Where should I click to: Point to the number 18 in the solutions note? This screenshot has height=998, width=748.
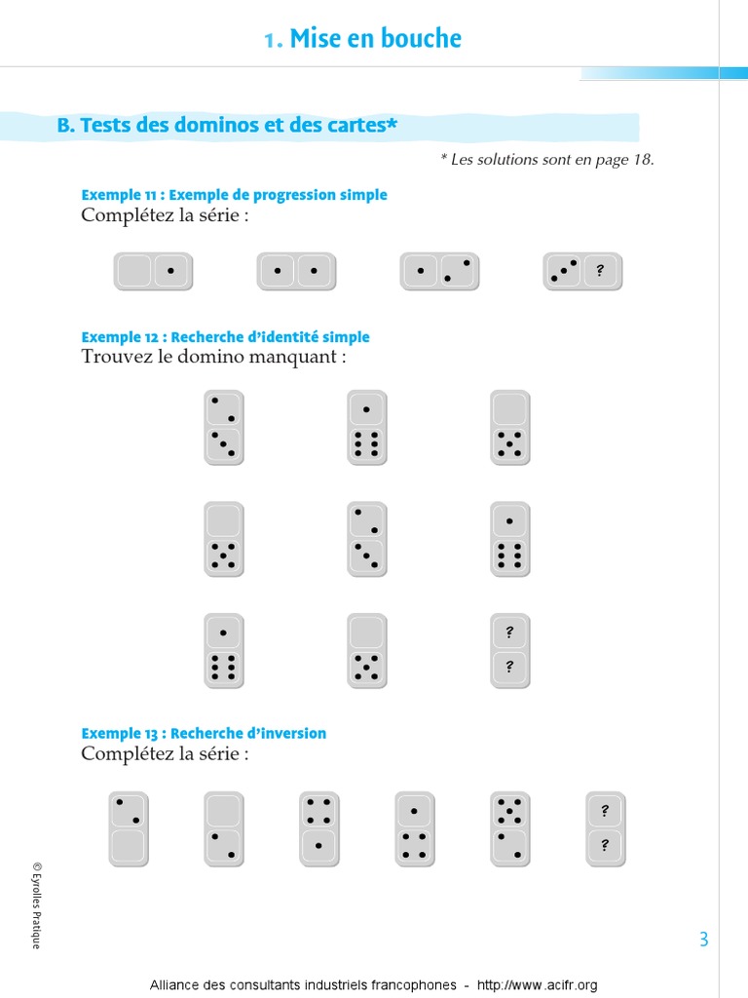(x=643, y=159)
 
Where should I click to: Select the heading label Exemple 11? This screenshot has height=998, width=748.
(x=119, y=195)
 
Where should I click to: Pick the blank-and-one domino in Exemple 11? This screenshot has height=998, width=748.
(x=153, y=272)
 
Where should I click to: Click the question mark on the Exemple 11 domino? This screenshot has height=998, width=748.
(x=600, y=271)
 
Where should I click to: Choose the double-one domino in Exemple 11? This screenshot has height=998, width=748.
(x=296, y=272)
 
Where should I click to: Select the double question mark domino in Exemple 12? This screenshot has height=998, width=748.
(x=510, y=650)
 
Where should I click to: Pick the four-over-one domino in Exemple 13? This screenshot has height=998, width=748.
(x=319, y=828)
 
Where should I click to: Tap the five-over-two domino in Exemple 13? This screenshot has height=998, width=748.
(x=510, y=828)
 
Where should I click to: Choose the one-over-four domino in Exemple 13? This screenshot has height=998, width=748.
(x=415, y=828)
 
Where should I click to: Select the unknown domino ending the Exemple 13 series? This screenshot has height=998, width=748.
(x=606, y=828)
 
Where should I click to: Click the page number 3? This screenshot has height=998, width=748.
(x=703, y=940)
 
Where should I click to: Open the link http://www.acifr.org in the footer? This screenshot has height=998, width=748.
(x=537, y=985)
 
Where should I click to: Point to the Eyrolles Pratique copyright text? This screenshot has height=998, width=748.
(x=37, y=905)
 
